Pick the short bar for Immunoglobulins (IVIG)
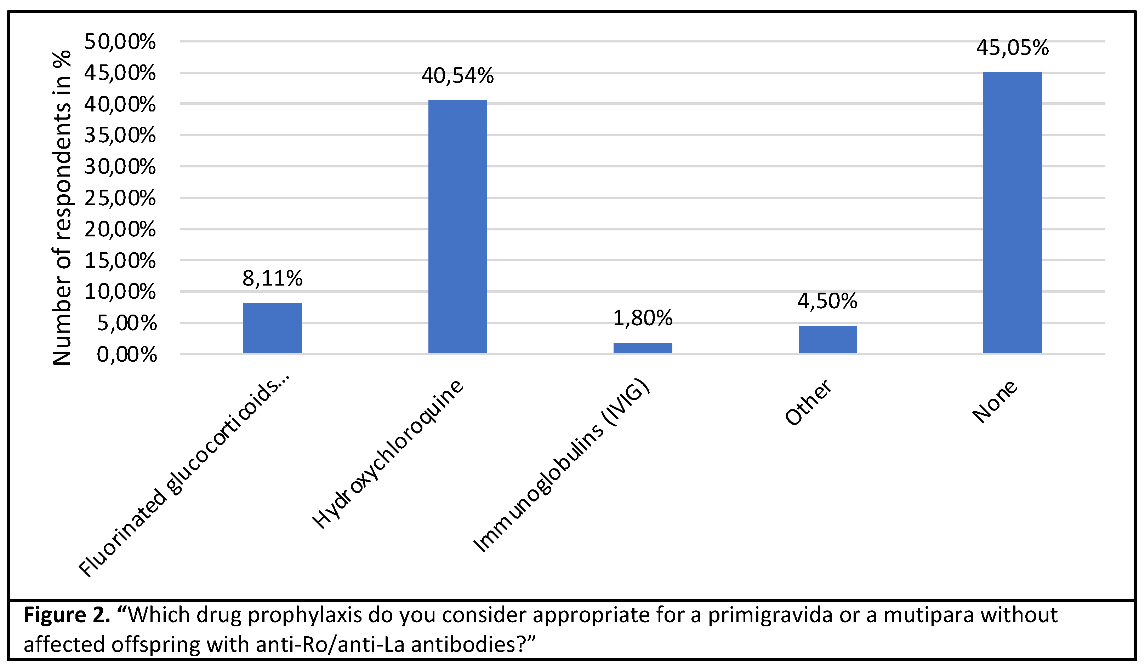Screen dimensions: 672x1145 [x=643, y=348]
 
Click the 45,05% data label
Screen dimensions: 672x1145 [x=1012, y=48]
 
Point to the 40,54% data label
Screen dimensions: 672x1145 [x=457, y=75]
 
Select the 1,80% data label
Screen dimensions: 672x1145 [x=643, y=318]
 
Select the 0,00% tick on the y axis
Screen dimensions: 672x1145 [x=126, y=354]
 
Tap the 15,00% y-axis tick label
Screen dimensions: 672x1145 [x=120, y=261]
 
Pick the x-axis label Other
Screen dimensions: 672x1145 [x=808, y=402]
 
